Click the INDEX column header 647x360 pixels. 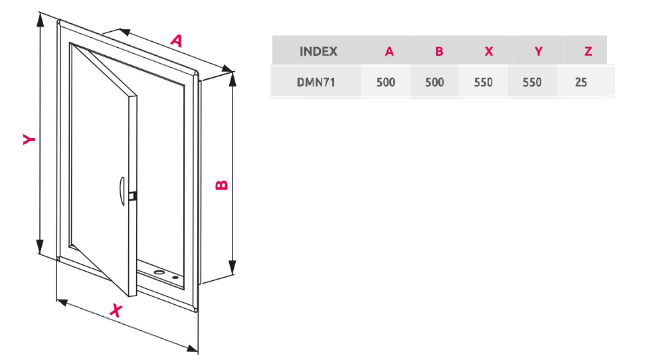click(x=318, y=51)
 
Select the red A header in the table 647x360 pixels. click(x=389, y=51)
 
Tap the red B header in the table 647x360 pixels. click(x=439, y=51)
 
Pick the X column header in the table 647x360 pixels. click(x=489, y=51)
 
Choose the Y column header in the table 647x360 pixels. click(x=539, y=51)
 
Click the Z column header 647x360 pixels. click(x=588, y=51)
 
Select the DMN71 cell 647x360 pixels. click(x=316, y=83)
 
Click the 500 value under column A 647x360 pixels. click(x=385, y=83)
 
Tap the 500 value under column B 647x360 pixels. click(x=434, y=83)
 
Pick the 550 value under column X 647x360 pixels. click(x=484, y=83)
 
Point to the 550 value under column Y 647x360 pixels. click(x=532, y=83)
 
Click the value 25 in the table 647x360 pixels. click(x=581, y=83)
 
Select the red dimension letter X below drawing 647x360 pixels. click(x=116, y=310)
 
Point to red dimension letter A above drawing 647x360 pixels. click(x=176, y=41)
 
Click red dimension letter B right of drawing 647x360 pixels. click(x=222, y=184)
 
